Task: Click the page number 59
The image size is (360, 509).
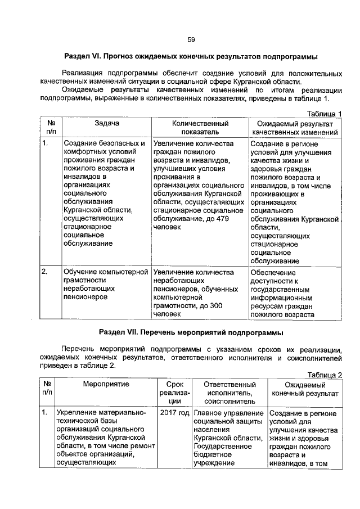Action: tap(191, 39)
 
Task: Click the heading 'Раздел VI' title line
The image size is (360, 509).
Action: tap(191, 57)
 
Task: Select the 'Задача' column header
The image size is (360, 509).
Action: tap(107, 122)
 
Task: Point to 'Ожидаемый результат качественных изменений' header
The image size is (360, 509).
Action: tap(295, 127)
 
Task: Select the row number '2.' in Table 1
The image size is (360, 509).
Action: tap(45, 272)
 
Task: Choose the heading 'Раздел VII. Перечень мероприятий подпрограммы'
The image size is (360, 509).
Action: tap(191, 331)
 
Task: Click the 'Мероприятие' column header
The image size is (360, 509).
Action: tap(106, 384)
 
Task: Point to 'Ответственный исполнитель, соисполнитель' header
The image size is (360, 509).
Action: tap(228, 392)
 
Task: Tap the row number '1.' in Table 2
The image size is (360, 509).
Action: tap(45, 413)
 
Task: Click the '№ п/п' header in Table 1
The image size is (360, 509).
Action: tap(50, 127)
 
